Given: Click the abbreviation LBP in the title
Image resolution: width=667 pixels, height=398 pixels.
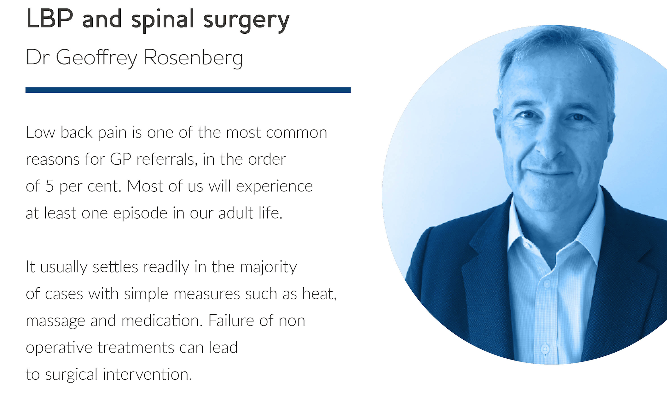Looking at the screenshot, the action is click(50, 19).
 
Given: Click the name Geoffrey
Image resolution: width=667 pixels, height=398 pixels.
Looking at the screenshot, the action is click(97, 58).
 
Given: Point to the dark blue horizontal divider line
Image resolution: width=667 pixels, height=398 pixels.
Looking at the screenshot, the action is click(188, 90).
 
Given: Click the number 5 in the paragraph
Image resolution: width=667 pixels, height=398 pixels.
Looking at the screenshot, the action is click(49, 186).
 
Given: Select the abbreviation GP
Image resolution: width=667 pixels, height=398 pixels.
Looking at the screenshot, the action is click(121, 159).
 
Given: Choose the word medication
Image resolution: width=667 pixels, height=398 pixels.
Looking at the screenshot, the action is click(162, 320).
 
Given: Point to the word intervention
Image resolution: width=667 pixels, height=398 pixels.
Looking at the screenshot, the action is click(147, 374).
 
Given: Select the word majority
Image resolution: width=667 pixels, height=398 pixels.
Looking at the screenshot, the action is click(268, 267).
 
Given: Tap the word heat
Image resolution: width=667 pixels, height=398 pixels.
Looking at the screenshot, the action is click(319, 294).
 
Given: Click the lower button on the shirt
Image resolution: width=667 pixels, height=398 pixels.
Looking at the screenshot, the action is click(545, 349).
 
